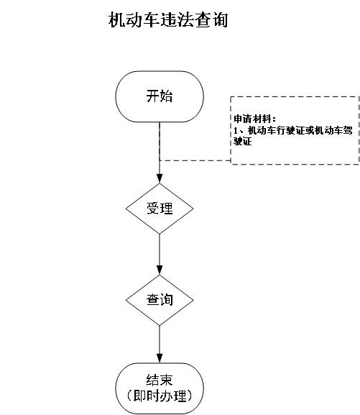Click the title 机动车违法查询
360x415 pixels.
click(168, 19)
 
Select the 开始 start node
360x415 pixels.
click(160, 96)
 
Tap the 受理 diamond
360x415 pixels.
click(160, 209)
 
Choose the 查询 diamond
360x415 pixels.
click(160, 300)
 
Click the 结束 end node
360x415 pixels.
click(160, 388)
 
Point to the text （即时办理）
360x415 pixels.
click(160, 396)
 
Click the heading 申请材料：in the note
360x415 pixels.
click(255, 119)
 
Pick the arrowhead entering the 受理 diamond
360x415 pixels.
click(160, 178)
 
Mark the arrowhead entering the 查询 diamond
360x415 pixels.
click(160, 270)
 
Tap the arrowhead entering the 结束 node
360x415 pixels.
click(160, 358)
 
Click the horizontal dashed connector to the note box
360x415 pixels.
click(195, 160)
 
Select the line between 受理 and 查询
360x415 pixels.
click(160, 255)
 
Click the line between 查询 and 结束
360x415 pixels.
click(160, 345)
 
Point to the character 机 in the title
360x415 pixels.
click(116, 20)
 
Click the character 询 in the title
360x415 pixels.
click(220, 20)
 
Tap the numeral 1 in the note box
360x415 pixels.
click(236, 130)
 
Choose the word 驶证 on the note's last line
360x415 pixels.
click(243, 142)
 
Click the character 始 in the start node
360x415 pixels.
click(166, 96)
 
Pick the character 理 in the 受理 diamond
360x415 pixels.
click(167, 209)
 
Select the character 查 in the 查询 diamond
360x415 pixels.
click(153, 300)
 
